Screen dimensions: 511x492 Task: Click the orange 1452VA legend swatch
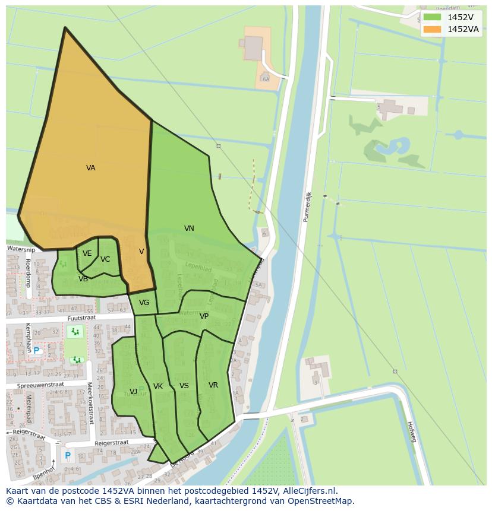pyautogui.click(x=432, y=29)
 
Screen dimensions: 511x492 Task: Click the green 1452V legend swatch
pyautogui.click(x=432, y=17)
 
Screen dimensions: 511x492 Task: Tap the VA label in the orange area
pyautogui.click(x=90, y=168)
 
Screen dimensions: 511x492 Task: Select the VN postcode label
pyautogui.click(x=189, y=228)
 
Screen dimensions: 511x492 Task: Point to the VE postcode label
pyautogui.click(x=87, y=253)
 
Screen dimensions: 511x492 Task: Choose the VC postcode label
pyautogui.click(x=105, y=259)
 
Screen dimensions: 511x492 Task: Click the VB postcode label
pyautogui.click(x=83, y=278)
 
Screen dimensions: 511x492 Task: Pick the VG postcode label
pyautogui.click(x=144, y=303)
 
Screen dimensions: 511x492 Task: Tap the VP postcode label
pyautogui.click(x=204, y=316)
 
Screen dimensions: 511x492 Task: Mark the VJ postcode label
pyautogui.click(x=133, y=391)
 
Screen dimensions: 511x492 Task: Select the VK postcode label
pyautogui.click(x=158, y=386)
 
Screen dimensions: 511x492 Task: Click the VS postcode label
pyautogui.click(x=184, y=386)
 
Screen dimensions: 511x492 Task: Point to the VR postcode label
pyautogui.click(x=213, y=385)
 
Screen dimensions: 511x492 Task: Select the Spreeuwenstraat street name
pyautogui.click(x=40, y=385)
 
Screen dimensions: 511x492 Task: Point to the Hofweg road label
pyautogui.click(x=411, y=431)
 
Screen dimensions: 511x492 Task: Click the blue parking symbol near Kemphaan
pyautogui.click(x=36, y=351)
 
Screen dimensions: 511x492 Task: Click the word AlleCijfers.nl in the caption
pyautogui.click(x=309, y=491)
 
